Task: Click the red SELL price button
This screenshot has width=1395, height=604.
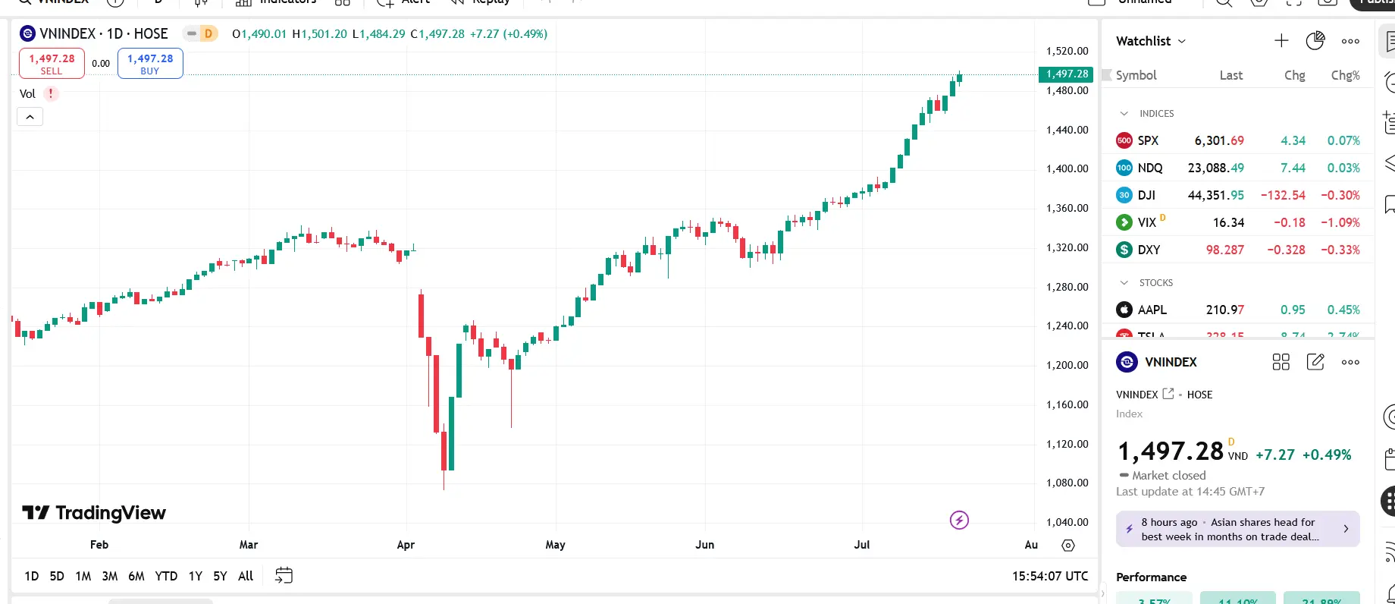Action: [x=52, y=64]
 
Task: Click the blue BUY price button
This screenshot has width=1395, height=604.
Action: [x=150, y=64]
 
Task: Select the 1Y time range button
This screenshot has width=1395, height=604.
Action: [x=196, y=576]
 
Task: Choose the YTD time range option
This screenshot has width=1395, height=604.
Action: [x=166, y=576]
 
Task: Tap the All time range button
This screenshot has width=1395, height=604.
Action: [x=246, y=576]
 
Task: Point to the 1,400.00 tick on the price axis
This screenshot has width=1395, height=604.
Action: [x=1067, y=168]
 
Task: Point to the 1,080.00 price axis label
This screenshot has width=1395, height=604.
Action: [x=1067, y=483]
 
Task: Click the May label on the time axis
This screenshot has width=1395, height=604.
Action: [x=555, y=545]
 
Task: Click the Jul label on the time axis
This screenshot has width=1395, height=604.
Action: [x=862, y=545]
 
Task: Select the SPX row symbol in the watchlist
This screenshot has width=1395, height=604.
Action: [x=1148, y=140]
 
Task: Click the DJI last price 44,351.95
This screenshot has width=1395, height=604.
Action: [x=1215, y=195]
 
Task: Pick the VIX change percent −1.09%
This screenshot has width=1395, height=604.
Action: [x=1340, y=222]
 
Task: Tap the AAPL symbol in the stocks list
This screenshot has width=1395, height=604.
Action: [x=1152, y=310]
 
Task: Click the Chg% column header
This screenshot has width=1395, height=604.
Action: [x=1345, y=75]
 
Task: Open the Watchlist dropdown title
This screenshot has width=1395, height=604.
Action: [x=1150, y=41]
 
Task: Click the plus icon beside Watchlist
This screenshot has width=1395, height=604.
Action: [x=1281, y=41]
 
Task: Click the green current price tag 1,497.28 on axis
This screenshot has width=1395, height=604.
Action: [x=1066, y=74]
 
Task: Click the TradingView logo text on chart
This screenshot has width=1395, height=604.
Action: [x=95, y=513]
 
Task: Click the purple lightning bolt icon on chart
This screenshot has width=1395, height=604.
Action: [x=959, y=520]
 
